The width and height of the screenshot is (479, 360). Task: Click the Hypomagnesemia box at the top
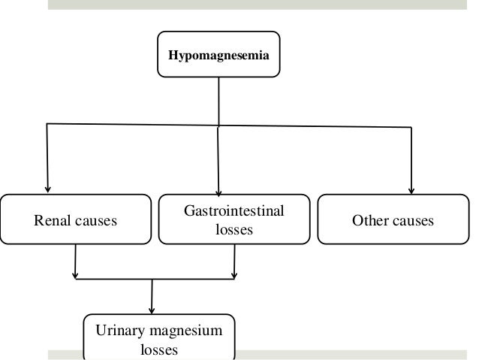218,54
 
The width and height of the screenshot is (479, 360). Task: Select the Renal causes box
76,219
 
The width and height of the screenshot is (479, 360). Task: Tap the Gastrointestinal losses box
233,219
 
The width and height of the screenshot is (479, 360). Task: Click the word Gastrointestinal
234,211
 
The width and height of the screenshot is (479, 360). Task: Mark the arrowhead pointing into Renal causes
47,189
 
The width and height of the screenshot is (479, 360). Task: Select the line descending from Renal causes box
75,262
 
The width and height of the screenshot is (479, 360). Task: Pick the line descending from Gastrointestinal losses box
235,262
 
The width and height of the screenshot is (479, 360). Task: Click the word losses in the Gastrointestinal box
234,230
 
